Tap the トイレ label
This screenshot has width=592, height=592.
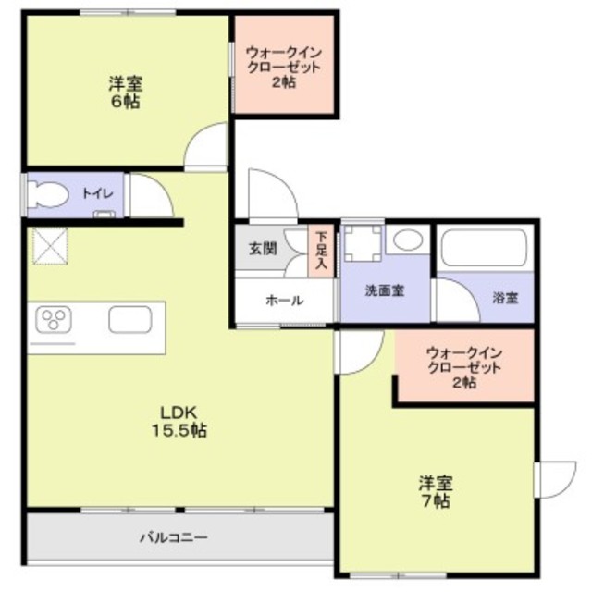click(x=96, y=193)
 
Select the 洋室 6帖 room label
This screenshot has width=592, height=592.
click(x=127, y=93)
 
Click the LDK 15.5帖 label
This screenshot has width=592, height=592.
click(x=179, y=421)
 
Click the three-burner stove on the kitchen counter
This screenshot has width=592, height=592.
click(x=55, y=321)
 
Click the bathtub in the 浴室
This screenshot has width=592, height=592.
click(x=484, y=249)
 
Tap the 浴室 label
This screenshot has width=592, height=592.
click(x=505, y=298)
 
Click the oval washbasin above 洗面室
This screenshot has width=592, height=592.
click(x=406, y=241)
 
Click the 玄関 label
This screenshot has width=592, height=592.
click(x=261, y=249)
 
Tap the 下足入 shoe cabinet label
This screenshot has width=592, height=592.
click(x=321, y=250)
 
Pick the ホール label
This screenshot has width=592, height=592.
click(x=281, y=300)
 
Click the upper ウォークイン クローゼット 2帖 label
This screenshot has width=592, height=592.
click(x=283, y=68)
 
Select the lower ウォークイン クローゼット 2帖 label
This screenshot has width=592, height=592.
click(x=465, y=367)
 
